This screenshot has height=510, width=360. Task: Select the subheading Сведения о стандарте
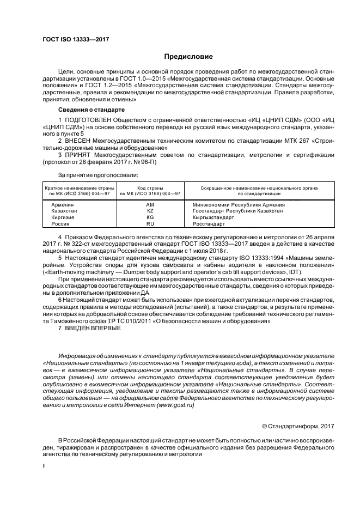tap(88, 109)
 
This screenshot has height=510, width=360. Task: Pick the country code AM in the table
tap(150, 204)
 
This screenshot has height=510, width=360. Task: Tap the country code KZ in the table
tap(150, 210)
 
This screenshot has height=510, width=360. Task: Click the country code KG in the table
tap(150, 217)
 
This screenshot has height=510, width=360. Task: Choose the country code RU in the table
tap(150, 224)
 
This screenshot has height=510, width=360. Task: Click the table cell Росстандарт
tap(209, 224)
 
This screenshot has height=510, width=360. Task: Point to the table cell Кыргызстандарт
tap(213, 217)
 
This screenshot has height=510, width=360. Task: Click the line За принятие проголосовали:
tap(90, 175)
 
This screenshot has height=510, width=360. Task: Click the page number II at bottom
tap(45, 466)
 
